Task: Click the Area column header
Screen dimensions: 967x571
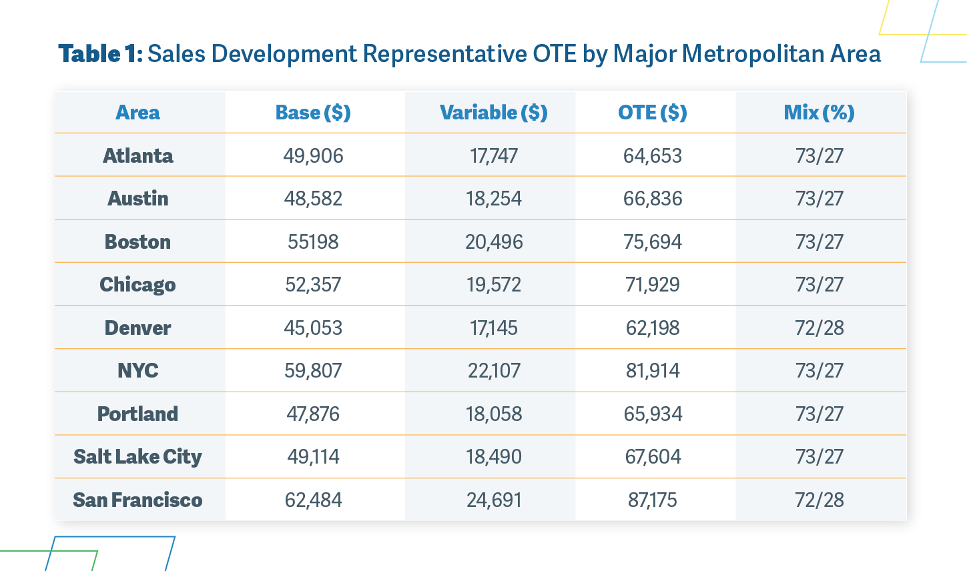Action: (x=137, y=113)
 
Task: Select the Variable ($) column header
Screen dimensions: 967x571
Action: (x=494, y=113)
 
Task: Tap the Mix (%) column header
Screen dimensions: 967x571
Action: (x=820, y=113)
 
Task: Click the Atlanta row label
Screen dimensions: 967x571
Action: (x=137, y=155)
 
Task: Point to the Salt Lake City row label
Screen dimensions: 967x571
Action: (x=137, y=457)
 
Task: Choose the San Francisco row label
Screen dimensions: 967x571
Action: (x=137, y=500)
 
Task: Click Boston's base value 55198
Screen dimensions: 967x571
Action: (x=313, y=241)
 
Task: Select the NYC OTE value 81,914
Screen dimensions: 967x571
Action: (x=653, y=371)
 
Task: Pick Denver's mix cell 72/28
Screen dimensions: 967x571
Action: (x=820, y=328)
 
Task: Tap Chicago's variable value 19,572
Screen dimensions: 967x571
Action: (x=494, y=285)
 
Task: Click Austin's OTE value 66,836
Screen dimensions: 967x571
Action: (x=653, y=199)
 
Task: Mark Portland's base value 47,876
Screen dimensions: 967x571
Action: (x=313, y=414)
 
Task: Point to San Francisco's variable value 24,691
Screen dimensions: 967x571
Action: (x=494, y=500)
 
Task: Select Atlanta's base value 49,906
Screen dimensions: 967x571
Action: (x=313, y=156)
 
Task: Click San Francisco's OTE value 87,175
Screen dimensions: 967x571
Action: (x=653, y=500)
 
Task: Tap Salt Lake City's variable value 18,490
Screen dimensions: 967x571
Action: (x=494, y=457)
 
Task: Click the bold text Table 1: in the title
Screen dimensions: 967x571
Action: (x=101, y=54)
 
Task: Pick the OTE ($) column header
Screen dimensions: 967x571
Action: (x=653, y=113)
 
